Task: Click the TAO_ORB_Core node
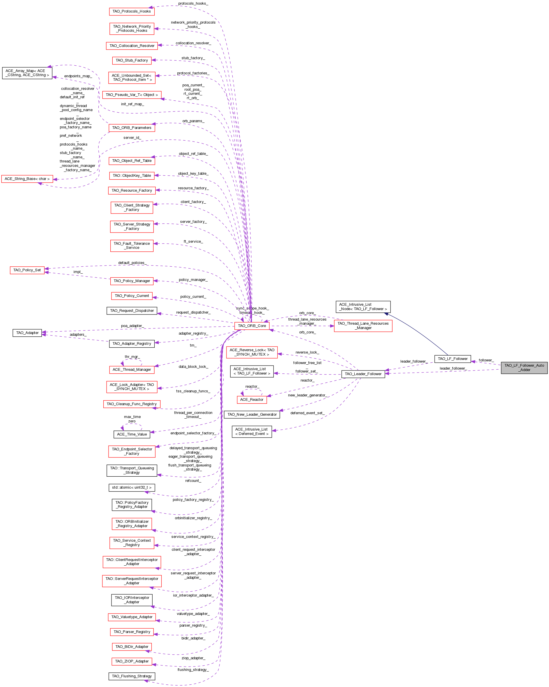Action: (x=252, y=326)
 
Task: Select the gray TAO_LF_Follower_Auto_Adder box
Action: (x=524, y=368)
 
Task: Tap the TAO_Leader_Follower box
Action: (x=363, y=374)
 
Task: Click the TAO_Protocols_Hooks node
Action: (x=131, y=11)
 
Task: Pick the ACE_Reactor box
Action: (x=252, y=400)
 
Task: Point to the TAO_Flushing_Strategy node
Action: (x=131, y=676)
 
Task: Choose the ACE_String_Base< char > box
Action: (x=27, y=179)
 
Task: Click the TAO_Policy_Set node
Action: (x=27, y=270)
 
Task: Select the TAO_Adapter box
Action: (x=27, y=333)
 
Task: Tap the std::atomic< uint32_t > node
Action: (x=131, y=487)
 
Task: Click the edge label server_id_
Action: (x=132, y=138)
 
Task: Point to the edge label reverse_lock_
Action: (x=307, y=352)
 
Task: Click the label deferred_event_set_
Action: (x=307, y=413)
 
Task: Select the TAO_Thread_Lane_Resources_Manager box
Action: (x=363, y=326)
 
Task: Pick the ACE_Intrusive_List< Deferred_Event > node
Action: (x=252, y=431)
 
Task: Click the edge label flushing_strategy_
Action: (x=193, y=669)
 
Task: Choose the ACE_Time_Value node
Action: (x=131, y=434)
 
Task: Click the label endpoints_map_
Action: (x=78, y=76)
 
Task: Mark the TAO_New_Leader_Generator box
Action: (x=252, y=415)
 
